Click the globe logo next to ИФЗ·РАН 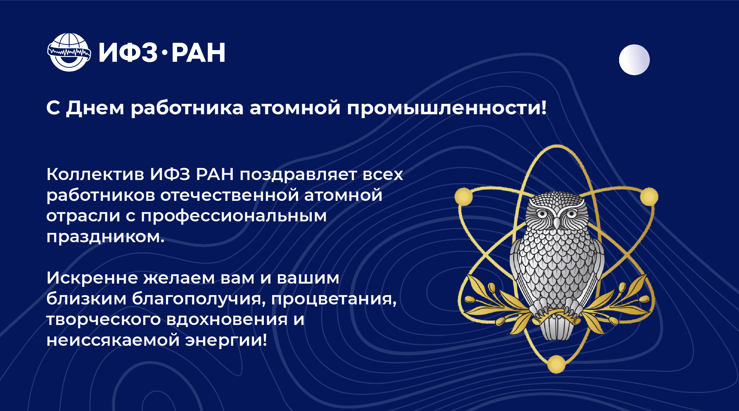pyautogui.click(x=69, y=52)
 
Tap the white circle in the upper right pyautogui.click(x=634, y=60)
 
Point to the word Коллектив pyautogui.click(x=95, y=174)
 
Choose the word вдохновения pyautogui.click(x=227, y=319)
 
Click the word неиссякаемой pyautogui.click(x=113, y=340)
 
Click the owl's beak pyautogui.click(x=556, y=222)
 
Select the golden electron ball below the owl pyautogui.click(x=556, y=364)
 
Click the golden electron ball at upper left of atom pyautogui.click(x=464, y=197)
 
